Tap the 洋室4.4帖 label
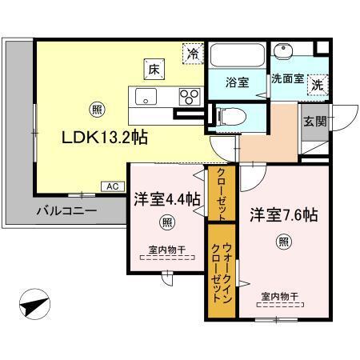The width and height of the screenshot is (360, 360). (166, 201)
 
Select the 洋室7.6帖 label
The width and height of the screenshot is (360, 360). (283, 214)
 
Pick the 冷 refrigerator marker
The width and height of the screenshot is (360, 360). (193, 54)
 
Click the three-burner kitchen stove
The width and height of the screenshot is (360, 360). (189, 97)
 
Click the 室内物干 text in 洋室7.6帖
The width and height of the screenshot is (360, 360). (278, 297)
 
